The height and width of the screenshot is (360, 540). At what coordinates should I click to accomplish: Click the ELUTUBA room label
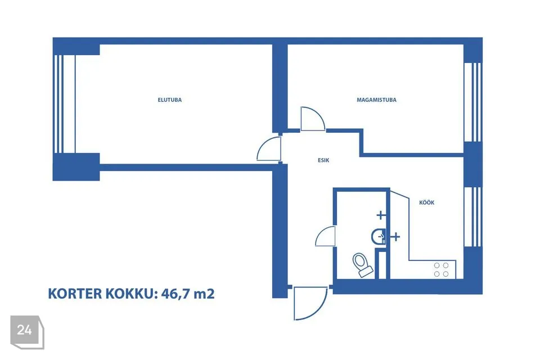point(169,100)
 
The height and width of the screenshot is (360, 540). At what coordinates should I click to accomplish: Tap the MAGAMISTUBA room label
point(376,100)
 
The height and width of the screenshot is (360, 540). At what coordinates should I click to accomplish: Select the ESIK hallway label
point(323,160)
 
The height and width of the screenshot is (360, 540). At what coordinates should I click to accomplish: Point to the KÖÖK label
point(427,202)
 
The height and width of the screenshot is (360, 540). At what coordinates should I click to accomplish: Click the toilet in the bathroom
point(362,265)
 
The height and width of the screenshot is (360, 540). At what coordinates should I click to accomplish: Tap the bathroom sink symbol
point(378,237)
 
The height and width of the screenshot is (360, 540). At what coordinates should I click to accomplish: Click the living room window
point(64,103)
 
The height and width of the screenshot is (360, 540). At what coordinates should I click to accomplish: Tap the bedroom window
point(472,102)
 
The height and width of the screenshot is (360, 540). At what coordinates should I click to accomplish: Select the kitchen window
point(472,217)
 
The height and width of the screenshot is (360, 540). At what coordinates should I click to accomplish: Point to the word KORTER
point(75,294)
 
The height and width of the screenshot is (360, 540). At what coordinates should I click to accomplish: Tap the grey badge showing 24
point(27,332)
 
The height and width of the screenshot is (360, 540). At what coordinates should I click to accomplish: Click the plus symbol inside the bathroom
point(381,215)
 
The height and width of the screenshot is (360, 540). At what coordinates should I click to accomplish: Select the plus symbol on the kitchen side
point(395,237)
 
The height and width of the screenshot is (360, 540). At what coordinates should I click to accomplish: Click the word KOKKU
point(131,294)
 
